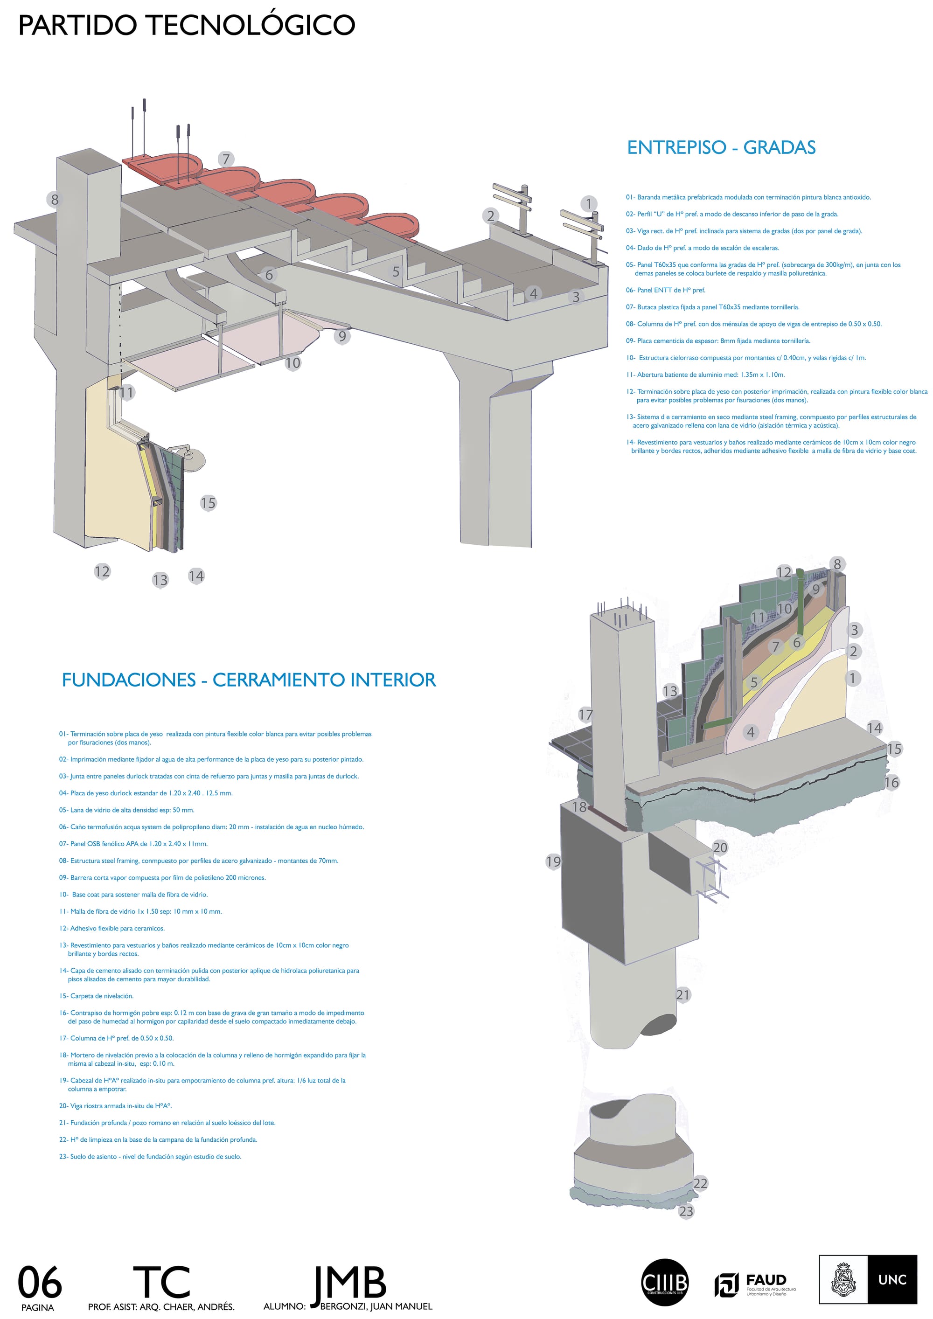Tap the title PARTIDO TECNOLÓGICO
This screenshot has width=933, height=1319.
tap(187, 25)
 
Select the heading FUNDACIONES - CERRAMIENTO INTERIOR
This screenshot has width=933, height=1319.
tap(248, 680)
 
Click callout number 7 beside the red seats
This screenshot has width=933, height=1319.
tap(226, 159)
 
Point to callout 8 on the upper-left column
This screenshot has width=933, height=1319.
tap(55, 199)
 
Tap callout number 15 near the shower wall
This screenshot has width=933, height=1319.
tap(208, 503)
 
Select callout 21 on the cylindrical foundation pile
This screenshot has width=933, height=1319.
tap(682, 994)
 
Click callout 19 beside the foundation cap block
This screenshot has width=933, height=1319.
tap(553, 862)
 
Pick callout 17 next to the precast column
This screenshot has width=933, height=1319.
tap(585, 715)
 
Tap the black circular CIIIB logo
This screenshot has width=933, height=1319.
tap(664, 1282)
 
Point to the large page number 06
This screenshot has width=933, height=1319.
tap(40, 1282)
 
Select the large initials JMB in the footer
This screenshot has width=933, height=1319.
tap(349, 1282)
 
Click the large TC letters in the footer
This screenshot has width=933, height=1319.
tap(161, 1282)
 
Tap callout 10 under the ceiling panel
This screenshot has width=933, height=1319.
tap(292, 363)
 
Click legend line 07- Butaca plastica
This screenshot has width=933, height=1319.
tap(712, 307)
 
